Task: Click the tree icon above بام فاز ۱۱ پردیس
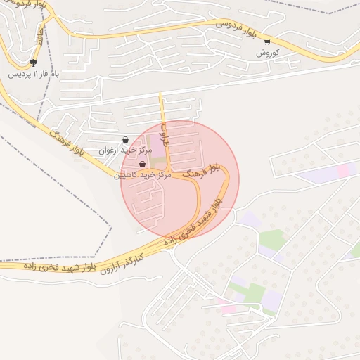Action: [x=33, y=63]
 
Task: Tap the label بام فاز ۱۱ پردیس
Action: [x=34, y=73]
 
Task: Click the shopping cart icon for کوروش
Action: [x=266, y=42]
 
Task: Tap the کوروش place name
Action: [x=267, y=53]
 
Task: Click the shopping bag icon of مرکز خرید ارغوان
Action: [x=126, y=139]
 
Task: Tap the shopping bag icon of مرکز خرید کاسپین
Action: [x=142, y=164]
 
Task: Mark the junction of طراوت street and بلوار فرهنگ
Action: [x=169, y=173]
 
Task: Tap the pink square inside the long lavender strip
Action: [x=342, y=170]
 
